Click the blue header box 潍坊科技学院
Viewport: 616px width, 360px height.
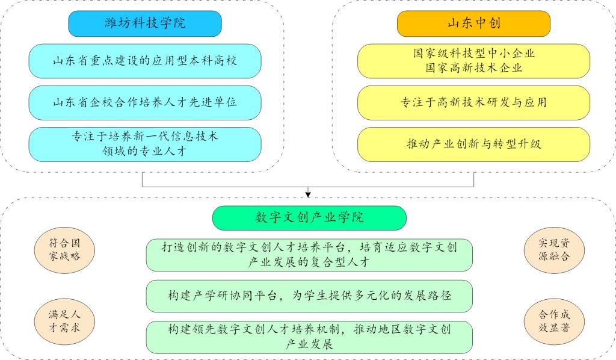pos(145,23)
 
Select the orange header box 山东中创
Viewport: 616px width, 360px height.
pos(473,23)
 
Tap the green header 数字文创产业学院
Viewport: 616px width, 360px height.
pos(309,217)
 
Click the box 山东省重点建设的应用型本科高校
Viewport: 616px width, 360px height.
pos(145,61)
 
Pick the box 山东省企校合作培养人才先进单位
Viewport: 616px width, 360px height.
pos(145,102)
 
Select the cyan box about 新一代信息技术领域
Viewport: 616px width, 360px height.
pos(145,144)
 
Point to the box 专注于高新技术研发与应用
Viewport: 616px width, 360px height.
pos(473,102)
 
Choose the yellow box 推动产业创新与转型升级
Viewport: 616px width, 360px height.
pos(473,144)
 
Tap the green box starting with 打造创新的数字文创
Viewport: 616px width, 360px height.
pos(309,255)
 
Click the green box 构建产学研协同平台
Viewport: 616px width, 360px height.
pos(309,296)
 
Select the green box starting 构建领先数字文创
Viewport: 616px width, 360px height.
pos(309,337)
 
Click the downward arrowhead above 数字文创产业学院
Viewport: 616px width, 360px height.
pos(308,194)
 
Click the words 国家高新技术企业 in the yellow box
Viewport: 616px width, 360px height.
pos(473,68)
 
